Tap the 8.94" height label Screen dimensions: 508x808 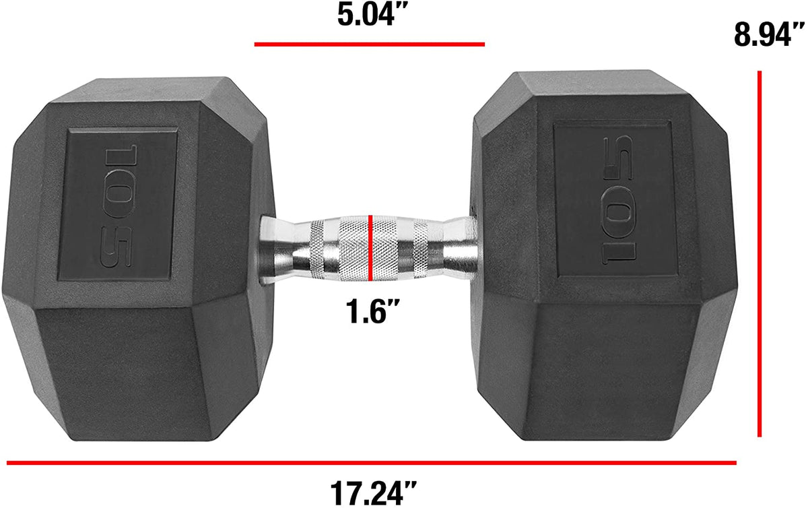(770, 34)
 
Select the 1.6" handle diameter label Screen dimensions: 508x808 (368, 312)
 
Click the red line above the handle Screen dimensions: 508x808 (369, 44)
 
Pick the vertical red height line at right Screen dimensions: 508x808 (760, 253)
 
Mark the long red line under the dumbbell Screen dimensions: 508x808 (370, 463)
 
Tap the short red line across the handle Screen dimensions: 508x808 (370, 247)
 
